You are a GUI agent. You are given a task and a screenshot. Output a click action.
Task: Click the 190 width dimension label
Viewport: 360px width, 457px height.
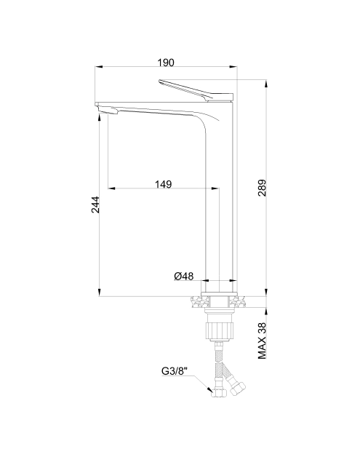(x=166, y=63)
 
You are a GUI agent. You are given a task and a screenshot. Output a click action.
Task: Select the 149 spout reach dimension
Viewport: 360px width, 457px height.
(x=163, y=184)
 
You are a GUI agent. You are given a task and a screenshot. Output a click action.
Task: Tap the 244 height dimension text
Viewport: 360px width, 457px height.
(x=95, y=205)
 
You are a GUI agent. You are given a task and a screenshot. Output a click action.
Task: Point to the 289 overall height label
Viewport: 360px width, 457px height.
(x=262, y=188)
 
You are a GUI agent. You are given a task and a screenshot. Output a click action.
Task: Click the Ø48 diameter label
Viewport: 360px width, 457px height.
(x=184, y=276)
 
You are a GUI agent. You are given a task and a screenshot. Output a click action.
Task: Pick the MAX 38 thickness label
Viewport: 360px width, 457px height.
(x=262, y=341)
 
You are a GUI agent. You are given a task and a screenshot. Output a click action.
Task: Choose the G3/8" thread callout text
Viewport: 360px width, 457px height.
(x=175, y=371)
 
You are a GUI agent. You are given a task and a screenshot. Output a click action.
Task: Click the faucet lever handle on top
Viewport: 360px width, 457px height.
(x=196, y=91)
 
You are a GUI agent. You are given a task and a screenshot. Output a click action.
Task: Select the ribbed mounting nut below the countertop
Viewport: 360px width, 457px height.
(x=220, y=330)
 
